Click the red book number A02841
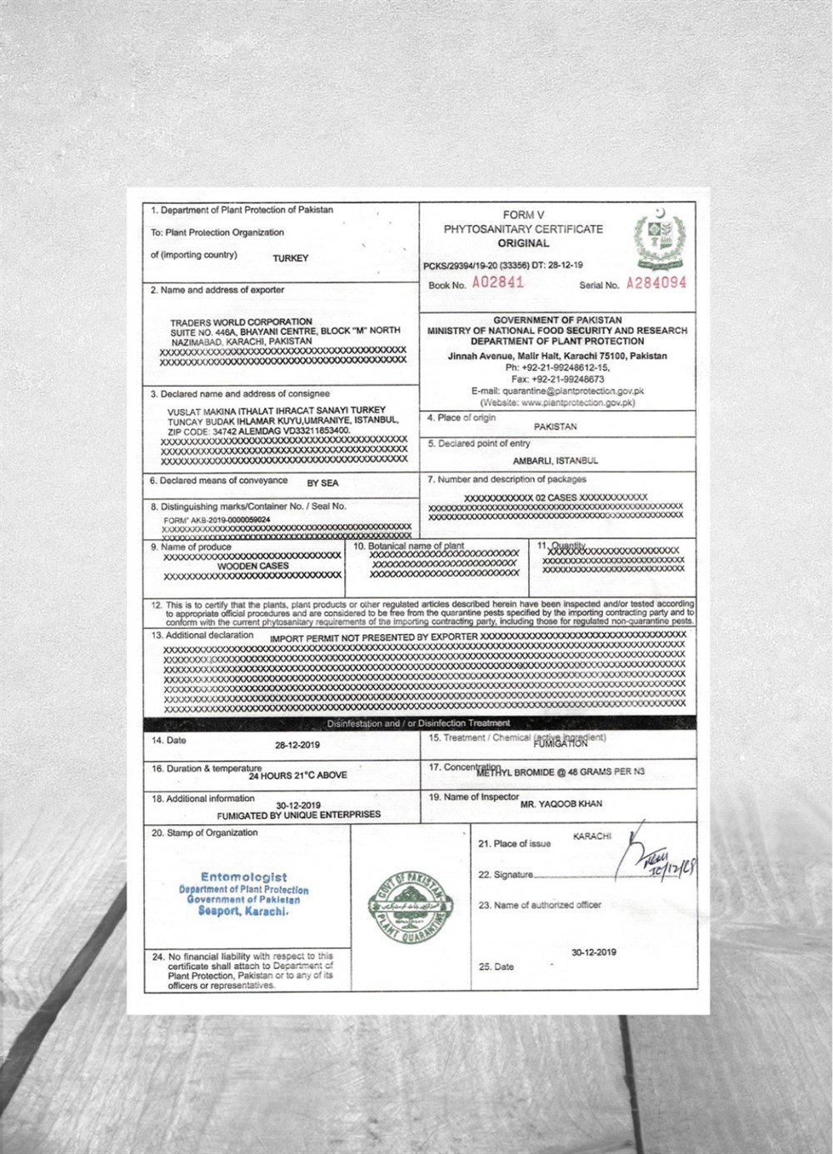click(498, 282)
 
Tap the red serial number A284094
click(656, 283)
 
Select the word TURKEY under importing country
click(290, 258)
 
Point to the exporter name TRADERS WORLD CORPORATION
click(241, 322)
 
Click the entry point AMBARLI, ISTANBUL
click(555, 461)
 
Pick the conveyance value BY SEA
click(322, 483)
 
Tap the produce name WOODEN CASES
click(252, 566)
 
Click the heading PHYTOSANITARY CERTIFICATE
click(523, 229)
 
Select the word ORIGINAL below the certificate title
click(523, 243)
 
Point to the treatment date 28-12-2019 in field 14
click(297, 746)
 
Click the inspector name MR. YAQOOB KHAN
click(561, 805)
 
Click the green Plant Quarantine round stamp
click(411, 907)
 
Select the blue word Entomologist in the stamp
click(243, 877)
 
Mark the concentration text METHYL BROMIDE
click(515, 772)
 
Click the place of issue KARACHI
click(591, 836)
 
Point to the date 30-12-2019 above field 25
click(593, 952)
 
